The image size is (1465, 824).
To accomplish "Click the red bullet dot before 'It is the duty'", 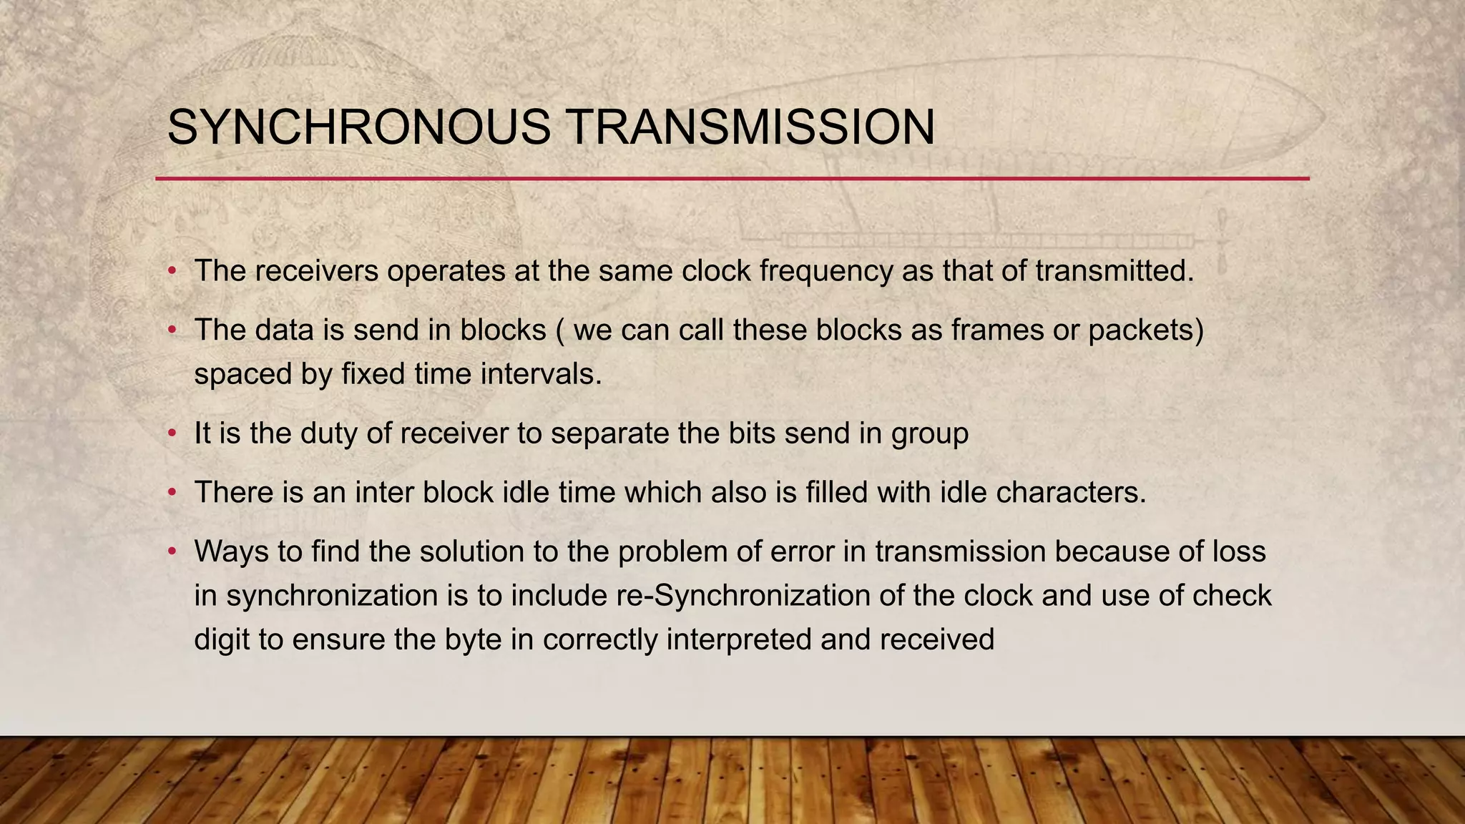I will click(172, 434).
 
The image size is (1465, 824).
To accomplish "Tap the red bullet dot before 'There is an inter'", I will click(172, 493).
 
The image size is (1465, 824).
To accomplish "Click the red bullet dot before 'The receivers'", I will click(172, 272).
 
